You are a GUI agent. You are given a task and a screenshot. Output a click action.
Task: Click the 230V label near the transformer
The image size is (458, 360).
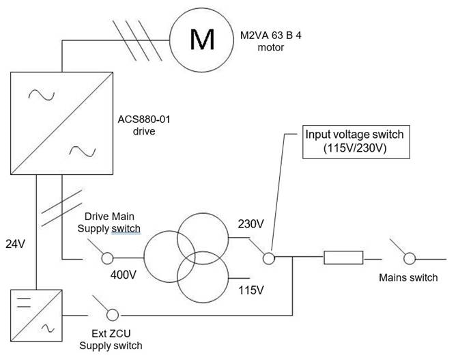250,223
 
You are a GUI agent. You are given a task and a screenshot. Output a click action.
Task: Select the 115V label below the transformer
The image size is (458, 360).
250,290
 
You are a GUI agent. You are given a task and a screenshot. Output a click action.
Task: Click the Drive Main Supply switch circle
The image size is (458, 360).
106,258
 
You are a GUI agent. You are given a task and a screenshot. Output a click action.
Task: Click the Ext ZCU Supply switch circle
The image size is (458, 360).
113,315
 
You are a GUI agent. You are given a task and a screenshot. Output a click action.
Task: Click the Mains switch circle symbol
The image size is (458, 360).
408,258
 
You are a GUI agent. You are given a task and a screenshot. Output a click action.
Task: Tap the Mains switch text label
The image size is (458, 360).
407,277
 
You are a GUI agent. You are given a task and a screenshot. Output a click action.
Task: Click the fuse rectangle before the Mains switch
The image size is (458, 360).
343,258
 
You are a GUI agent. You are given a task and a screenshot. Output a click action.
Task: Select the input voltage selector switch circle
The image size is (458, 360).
270,258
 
